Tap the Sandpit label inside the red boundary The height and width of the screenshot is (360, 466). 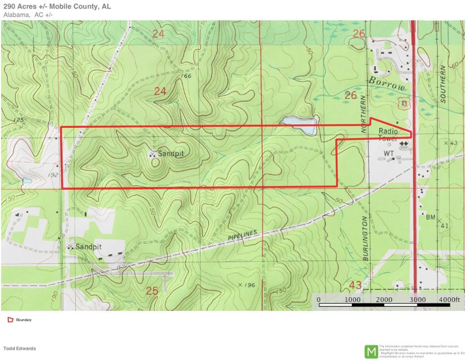pos(171,154)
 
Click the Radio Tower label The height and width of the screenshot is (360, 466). pos(388,135)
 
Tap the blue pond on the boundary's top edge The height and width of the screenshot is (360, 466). pos(299,125)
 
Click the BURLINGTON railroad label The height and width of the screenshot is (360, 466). pos(366,239)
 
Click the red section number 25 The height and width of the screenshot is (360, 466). pos(152,291)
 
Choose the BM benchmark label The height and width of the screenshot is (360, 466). pos(430,217)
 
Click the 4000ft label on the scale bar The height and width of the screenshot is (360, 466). pos(450,300)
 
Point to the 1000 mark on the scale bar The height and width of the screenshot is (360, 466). pos(352,300)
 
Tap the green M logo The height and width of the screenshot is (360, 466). pos(371,351)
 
